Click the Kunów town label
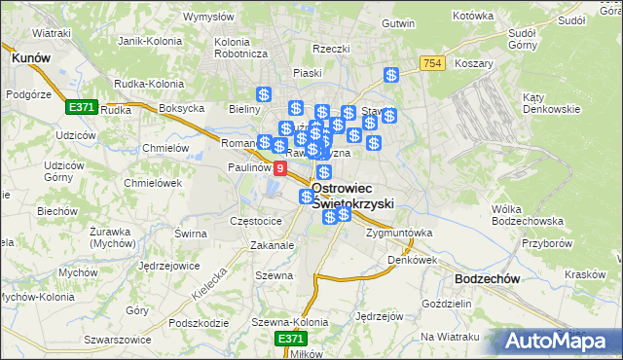pyautogui.click(x=30, y=58)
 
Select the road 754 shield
pyautogui.click(x=433, y=63)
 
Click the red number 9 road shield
pyautogui.click(x=280, y=168)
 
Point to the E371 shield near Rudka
pyautogui.click(x=81, y=106)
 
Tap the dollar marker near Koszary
pyautogui.click(x=391, y=75)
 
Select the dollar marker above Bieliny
pyautogui.click(x=263, y=94)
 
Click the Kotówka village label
pyautogui.click(x=474, y=17)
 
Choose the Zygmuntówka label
pyautogui.click(x=399, y=234)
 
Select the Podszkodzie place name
pyautogui.click(x=198, y=323)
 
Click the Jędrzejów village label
pyautogui.click(x=379, y=316)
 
